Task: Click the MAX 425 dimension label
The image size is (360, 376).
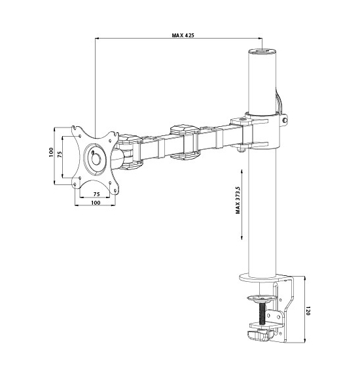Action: [x=183, y=35]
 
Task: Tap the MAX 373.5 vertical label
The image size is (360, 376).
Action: [x=238, y=199]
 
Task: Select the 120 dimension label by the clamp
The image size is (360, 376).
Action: [x=308, y=311]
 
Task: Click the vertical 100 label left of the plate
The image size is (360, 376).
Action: [x=51, y=152]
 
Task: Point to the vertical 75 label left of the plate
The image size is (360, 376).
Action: [x=60, y=154]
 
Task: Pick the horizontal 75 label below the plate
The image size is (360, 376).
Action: [x=96, y=194]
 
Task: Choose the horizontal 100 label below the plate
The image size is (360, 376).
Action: [x=96, y=203]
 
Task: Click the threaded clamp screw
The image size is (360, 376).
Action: [x=262, y=313]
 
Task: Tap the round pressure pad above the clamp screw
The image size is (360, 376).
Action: [x=261, y=298]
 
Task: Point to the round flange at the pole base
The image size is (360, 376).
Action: [x=262, y=278]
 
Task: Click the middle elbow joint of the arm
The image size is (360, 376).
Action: [x=185, y=142]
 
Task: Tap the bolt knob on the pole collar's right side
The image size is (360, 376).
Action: [x=285, y=119]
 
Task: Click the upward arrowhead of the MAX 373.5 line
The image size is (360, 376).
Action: [x=242, y=172]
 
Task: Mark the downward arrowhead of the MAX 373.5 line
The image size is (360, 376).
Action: [x=242, y=237]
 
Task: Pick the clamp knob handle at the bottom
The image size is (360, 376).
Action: [x=261, y=335]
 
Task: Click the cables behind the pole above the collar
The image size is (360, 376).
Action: [x=278, y=102]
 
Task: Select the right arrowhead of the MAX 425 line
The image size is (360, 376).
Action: [x=259, y=38]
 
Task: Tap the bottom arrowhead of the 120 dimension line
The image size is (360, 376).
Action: [x=304, y=340]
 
